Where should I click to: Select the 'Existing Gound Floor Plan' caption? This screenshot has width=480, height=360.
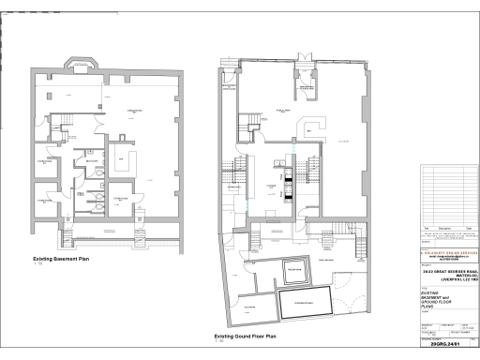pos(245,335)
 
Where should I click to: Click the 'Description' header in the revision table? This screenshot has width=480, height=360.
pos(434,226)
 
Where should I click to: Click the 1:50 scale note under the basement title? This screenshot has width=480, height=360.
pos(37,263)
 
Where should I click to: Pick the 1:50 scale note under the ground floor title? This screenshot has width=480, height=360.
pos(219,342)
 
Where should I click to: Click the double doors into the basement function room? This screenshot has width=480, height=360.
pos(95,123)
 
